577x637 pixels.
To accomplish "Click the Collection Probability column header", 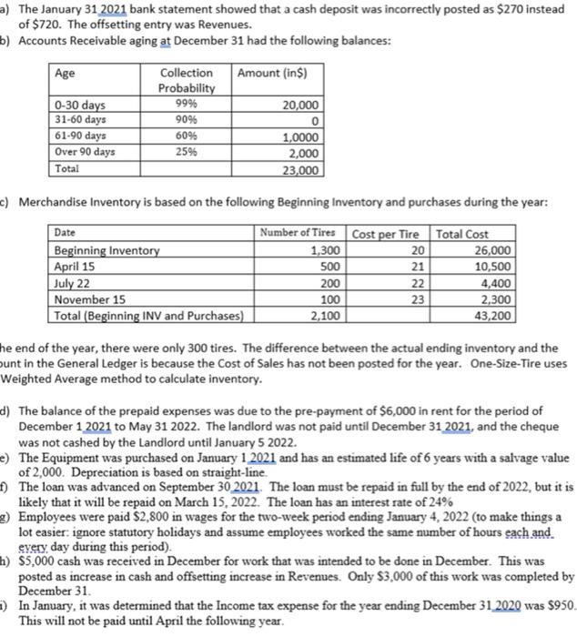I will (187, 80).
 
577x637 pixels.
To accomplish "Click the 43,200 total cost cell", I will (493, 316).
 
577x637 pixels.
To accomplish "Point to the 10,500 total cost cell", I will (493, 267).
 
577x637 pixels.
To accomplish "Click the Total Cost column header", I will (463, 233).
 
